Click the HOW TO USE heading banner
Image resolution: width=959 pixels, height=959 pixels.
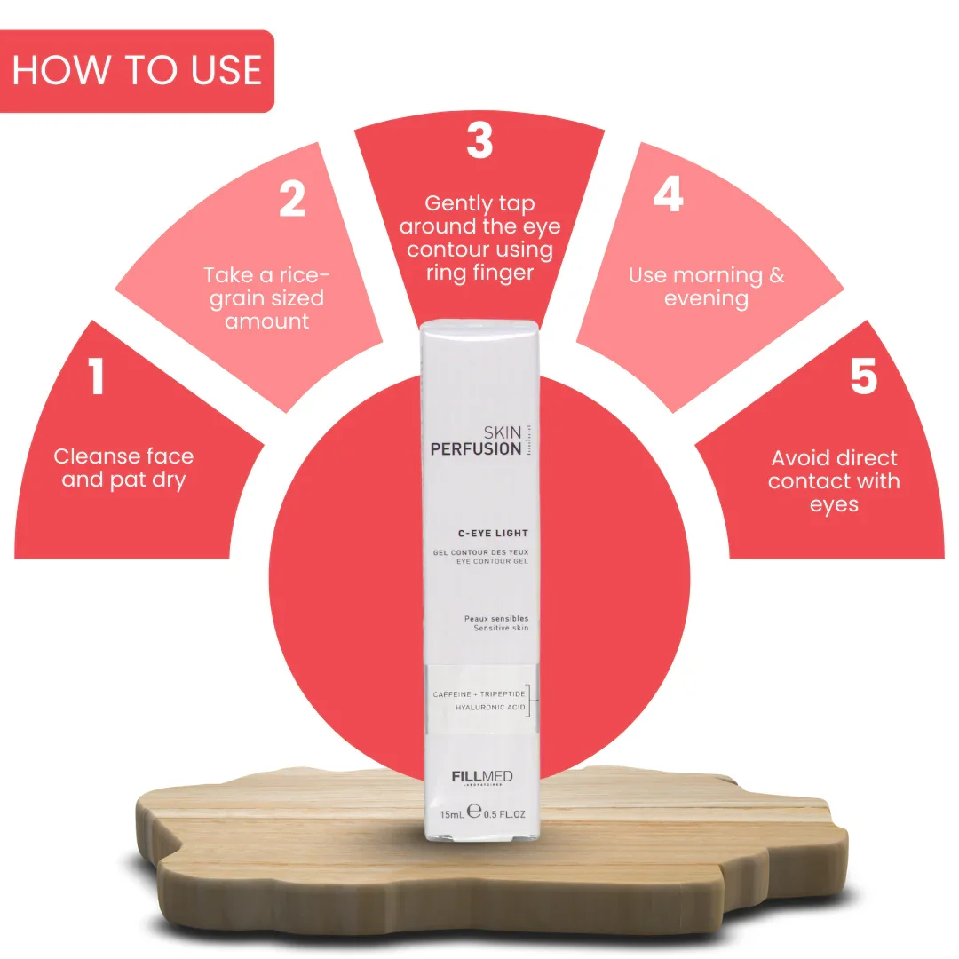pyautogui.click(x=137, y=70)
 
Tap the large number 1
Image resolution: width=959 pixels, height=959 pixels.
pyautogui.click(x=96, y=376)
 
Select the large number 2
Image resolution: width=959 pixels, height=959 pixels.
pyautogui.click(x=292, y=198)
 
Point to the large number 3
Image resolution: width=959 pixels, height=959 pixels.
pyautogui.click(x=479, y=140)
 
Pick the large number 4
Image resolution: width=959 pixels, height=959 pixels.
pyautogui.click(x=668, y=194)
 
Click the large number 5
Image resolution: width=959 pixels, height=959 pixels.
pyautogui.click(x=864, y=376)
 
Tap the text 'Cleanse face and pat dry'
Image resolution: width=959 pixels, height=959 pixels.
pyautogui.click(x=123, y=468)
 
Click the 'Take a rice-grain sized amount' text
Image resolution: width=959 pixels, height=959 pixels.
pyautogui.click(x=266, y=297)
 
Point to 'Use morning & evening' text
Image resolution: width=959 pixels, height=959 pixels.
pyautogui.click(x=707, y=286)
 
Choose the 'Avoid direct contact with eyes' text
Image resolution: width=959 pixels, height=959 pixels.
pyautogui.click(x=834, y=480)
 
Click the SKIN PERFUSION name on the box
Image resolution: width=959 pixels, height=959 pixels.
pyautogui.click(x=477, y=441)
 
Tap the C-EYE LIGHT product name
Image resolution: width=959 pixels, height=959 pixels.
pyautogui.click(x=493, y=534)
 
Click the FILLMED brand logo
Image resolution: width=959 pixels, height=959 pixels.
pyautogui.click(x=482, y=777)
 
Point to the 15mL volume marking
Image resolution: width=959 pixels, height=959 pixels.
pyautogui.click(x=452, y=814)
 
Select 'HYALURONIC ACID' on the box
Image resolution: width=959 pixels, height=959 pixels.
pyautogui.click(x=490, y=707)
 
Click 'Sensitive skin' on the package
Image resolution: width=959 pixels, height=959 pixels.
pyautogui.click(x=501, y=628)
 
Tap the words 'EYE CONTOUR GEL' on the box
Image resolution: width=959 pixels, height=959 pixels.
pyautogui.click(x=492, y=561)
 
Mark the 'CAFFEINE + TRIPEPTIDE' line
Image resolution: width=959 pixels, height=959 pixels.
pyautogui.click(x=479, y=694)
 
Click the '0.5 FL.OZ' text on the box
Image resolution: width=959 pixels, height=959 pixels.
pyautogui.click(x=504, y=814)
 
